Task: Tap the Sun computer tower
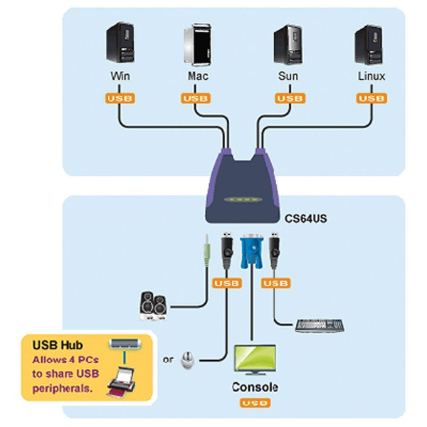coord(288,44)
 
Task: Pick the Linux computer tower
coord(370,44)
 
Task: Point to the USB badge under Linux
coord(370,99)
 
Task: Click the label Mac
coord(198,75)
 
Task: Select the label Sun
coord(288,75)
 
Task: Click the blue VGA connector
coord(251,253)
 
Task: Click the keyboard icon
coord(319,325)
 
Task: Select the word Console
coord(255,388)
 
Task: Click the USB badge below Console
coord(254,404)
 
